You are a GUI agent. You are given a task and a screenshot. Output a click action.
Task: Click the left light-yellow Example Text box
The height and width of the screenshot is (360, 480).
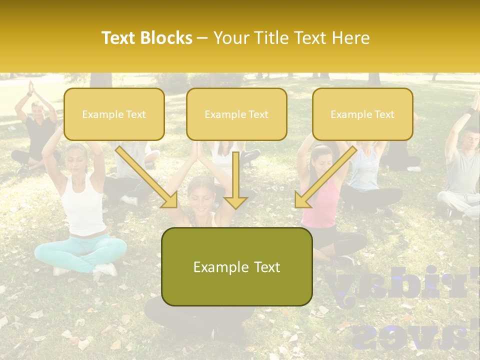[x=114, y=114]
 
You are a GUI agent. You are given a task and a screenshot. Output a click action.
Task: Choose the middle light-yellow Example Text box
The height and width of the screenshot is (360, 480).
[x=236, y=114]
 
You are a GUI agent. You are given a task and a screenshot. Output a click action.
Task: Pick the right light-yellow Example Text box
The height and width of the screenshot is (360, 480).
[x=362, y=114]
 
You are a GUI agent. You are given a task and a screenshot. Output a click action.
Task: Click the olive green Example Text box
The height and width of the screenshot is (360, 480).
[x=236, y=267]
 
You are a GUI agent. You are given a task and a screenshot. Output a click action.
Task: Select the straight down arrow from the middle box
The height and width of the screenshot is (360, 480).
[x=236, y=180]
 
